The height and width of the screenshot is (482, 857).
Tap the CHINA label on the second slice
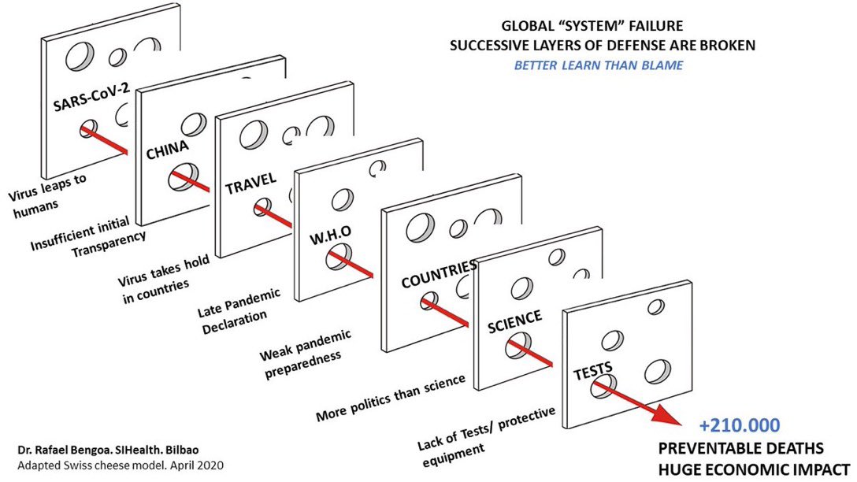[167, 149]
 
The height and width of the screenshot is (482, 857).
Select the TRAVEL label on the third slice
[251, 183]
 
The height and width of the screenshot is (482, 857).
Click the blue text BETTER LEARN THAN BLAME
[599, 65]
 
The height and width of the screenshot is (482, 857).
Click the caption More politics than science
[390, 396]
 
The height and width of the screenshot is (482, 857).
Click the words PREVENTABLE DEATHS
[741, 448]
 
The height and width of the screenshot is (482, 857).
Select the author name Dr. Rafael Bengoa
[69, 450]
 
